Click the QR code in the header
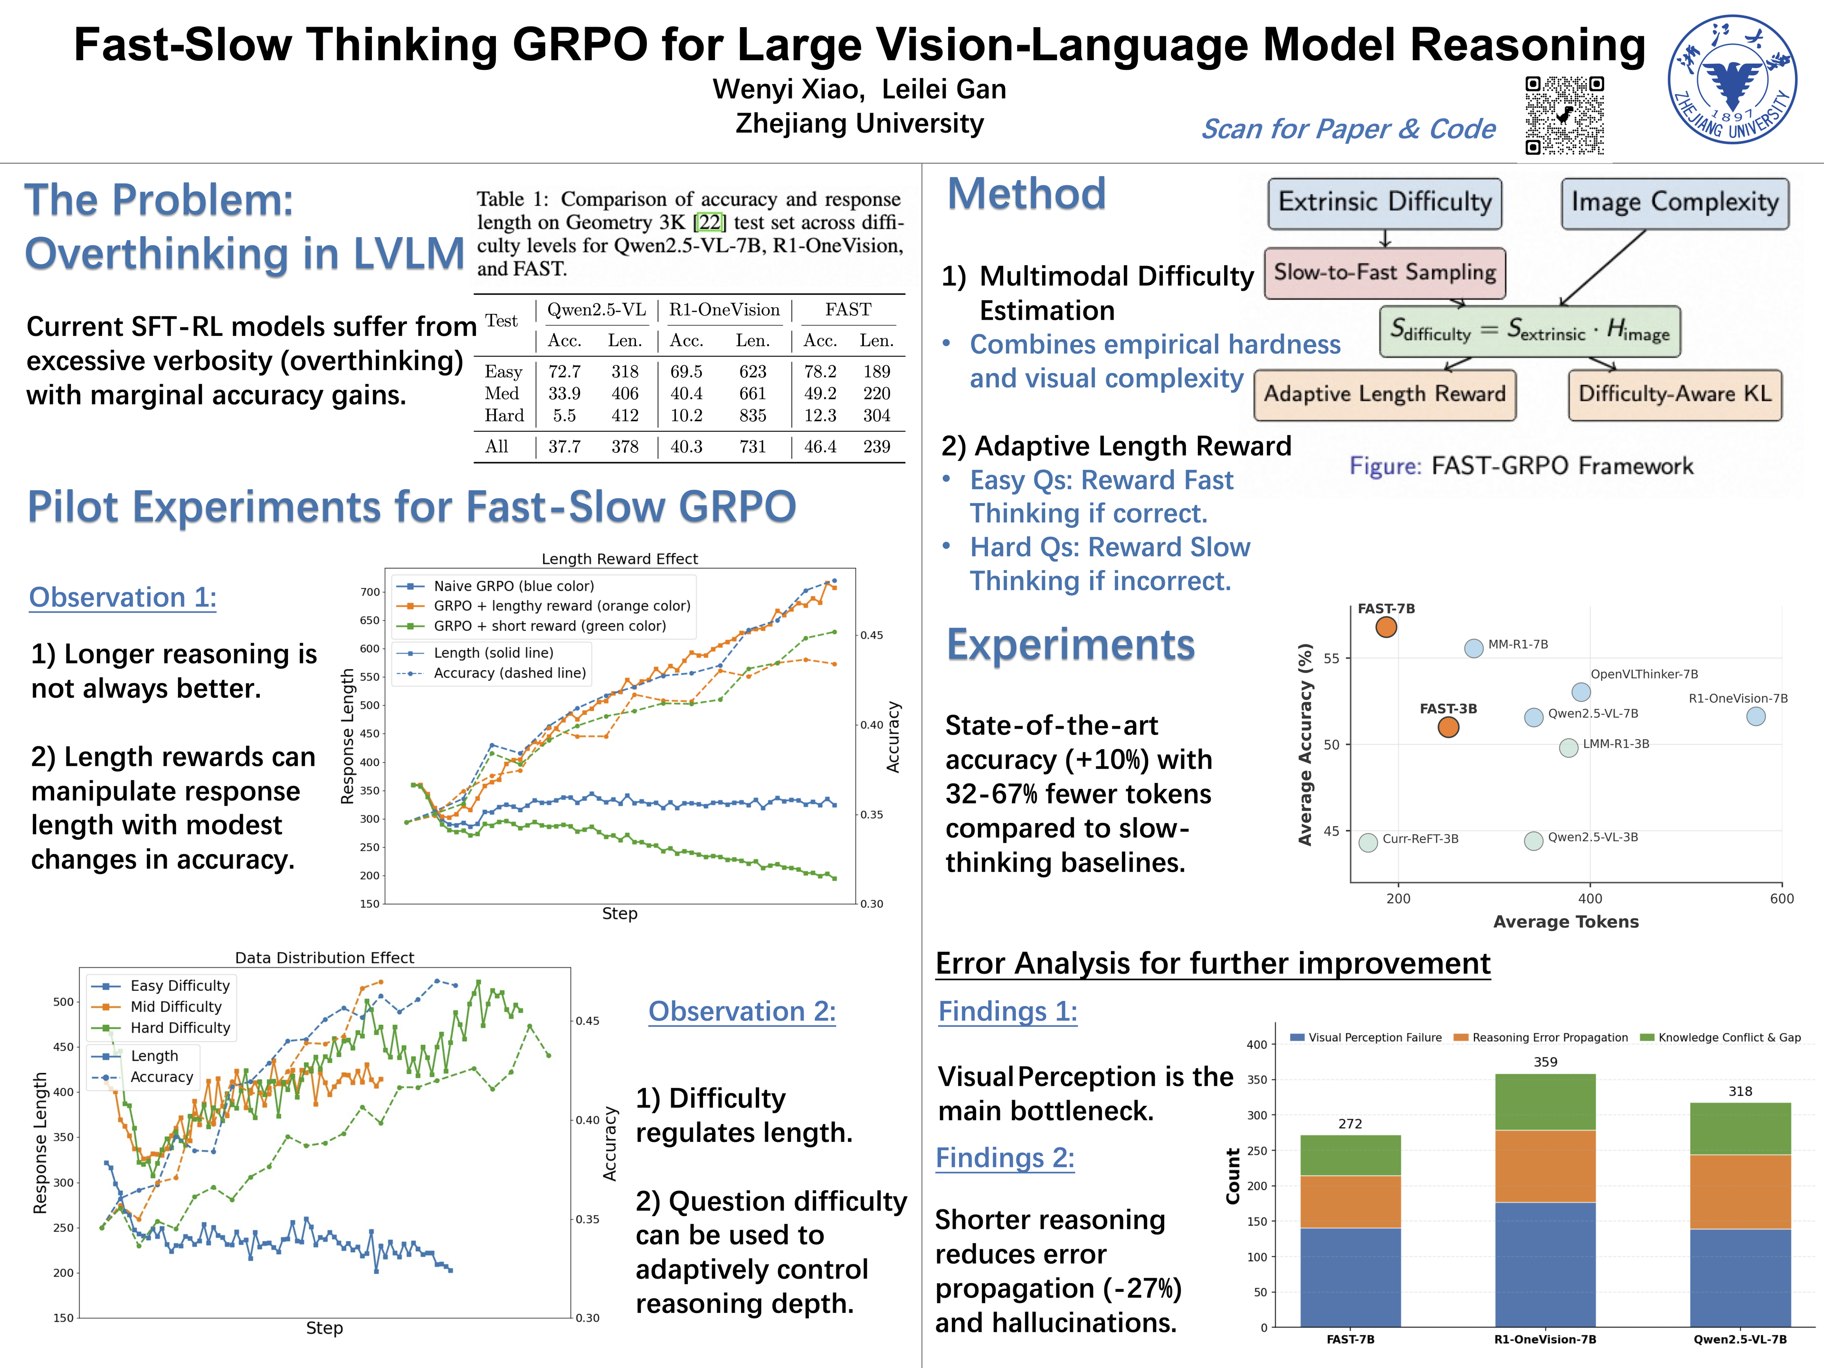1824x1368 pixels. (x=1564, y=115)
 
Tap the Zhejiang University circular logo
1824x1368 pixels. (x=1732, y=79)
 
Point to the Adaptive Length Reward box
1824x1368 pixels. (x=1385, y=394)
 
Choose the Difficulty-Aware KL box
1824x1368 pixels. (x=1675, y=394)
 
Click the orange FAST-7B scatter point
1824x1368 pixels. (x=1386, y=627)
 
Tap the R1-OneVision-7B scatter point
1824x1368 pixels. (x=1756, y=717)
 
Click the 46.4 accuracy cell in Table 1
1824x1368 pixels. (x=820, y=447)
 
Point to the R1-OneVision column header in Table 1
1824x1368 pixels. (x=724, y=310)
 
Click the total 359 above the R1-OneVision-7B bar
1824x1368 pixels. (x=1545, y=1062)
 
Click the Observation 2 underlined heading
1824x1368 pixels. (x=741, y=1012)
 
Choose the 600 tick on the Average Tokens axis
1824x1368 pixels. (x=1781, y=899)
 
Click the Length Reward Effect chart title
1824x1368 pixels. (x=619, y=559)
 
